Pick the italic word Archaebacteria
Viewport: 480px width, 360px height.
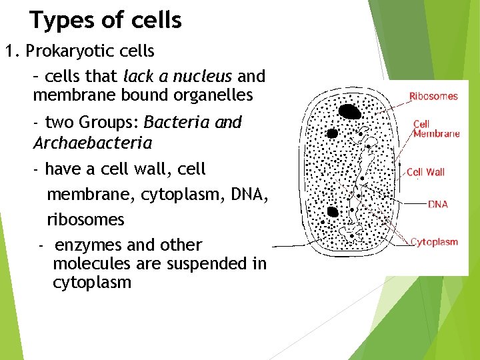pyautogui.click(x=92, y=143)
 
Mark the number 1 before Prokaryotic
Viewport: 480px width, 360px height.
pyautogui.click(x=9, y=51)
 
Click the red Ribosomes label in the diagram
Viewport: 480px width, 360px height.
pyautogui.click(x=433, y=96)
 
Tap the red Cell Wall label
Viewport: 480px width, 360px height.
pyautogui.click(x=425, y=172)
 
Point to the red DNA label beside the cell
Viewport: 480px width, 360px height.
pyautogui.click(x=437, y=204)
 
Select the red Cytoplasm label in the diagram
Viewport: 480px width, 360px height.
pyautogui.click(x=434, y=241)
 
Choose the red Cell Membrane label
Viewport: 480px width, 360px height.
pyautogui.click(x=436, y=129)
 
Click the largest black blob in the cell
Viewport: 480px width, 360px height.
pyautogui.click(x=349, y=111)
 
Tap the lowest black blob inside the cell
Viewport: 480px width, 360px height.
pyautogui.click(x=332, y=212)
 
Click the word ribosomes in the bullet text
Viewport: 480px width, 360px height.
pyautogui.click(x=85, y=219)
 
